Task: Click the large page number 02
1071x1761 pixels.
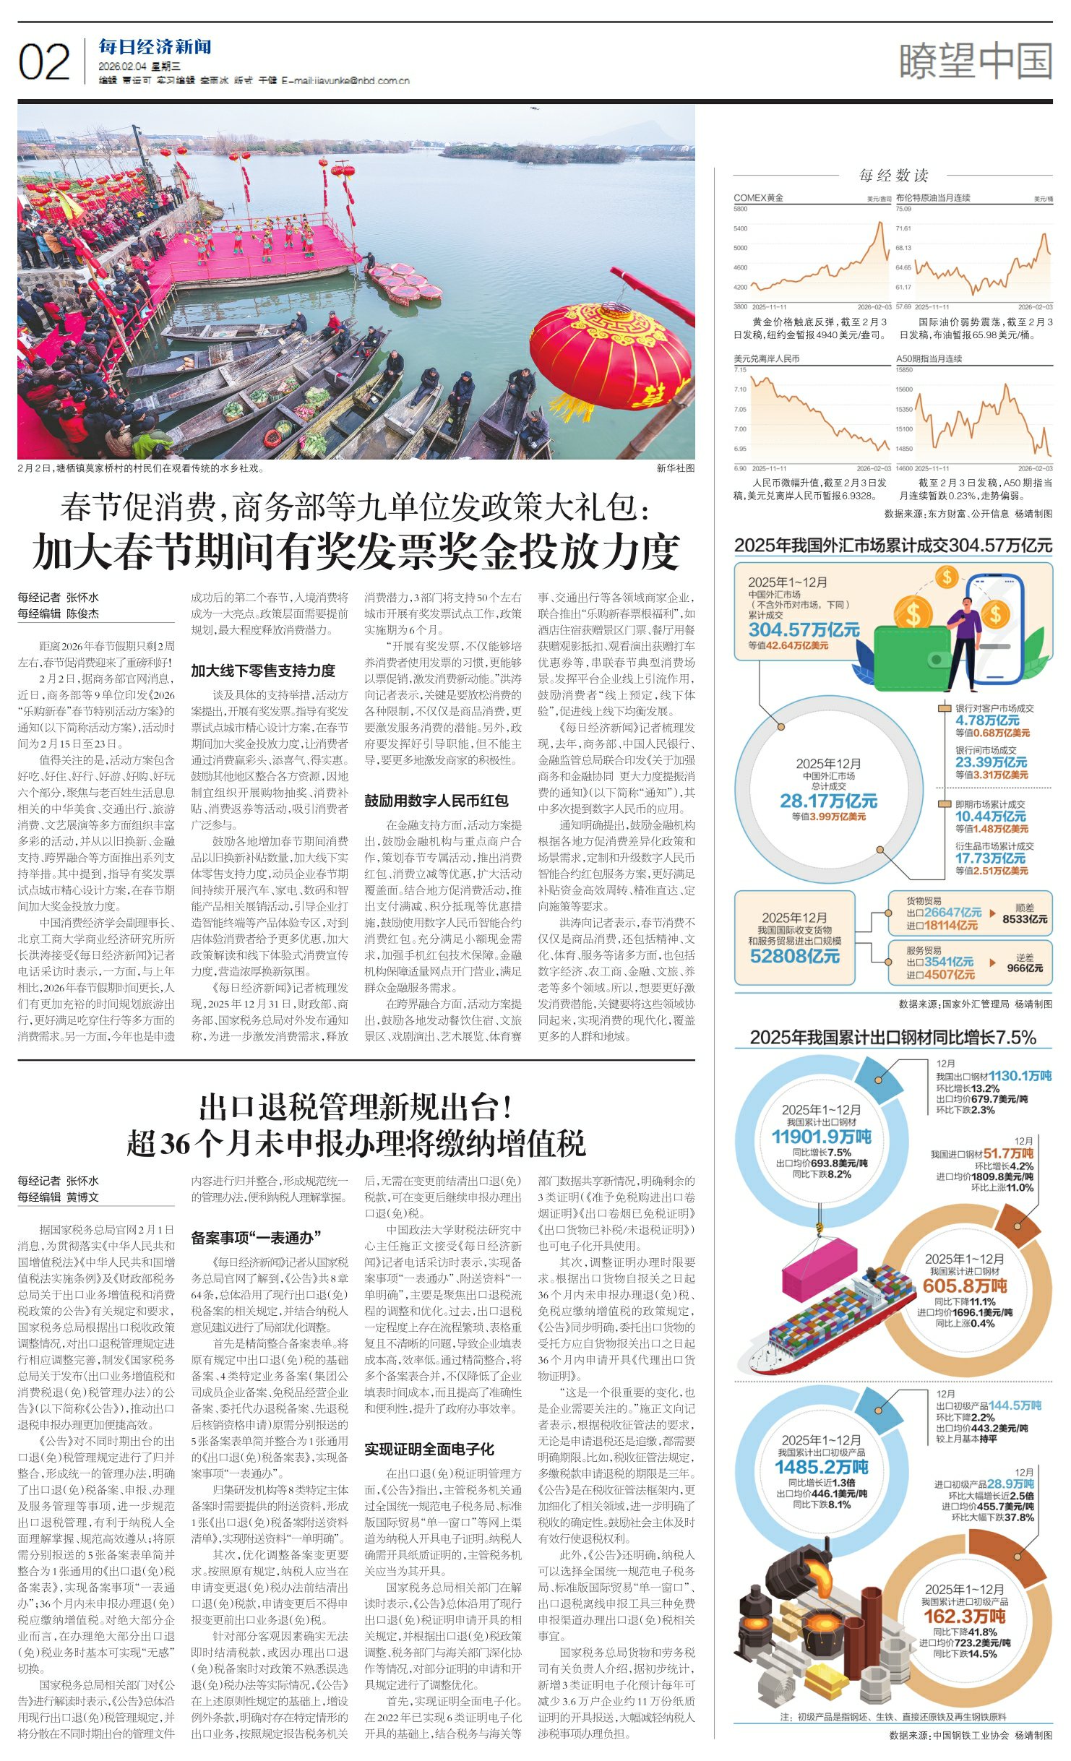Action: click(x=44, y=63)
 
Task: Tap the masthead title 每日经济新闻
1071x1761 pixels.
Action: click(x=155, y=48)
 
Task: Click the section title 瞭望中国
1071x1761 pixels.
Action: click(x=975, y=61)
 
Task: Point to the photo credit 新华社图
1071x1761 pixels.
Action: click(x=675, y=468)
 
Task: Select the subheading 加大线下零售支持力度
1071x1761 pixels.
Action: click(x=263, y=671)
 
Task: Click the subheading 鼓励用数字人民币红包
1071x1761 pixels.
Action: click(x=436, y=801)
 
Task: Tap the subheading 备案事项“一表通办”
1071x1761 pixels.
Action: click(x=256, y=1238)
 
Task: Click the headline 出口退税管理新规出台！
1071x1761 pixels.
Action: click(x=356, y=1107)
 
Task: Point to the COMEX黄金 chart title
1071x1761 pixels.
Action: click(x=758, y=198)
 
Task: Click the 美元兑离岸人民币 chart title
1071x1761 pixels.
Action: click(x=766, y=358)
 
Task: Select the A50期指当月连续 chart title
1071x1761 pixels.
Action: click(x=929, y=358)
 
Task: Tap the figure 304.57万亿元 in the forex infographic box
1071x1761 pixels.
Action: click(x=804, y=630)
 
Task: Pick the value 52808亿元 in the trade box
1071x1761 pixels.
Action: click(x=794, y=956)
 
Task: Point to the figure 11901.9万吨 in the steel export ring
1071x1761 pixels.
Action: click(x=821, y=1137)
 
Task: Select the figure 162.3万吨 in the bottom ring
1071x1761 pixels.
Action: click(x=964, y=1616)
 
